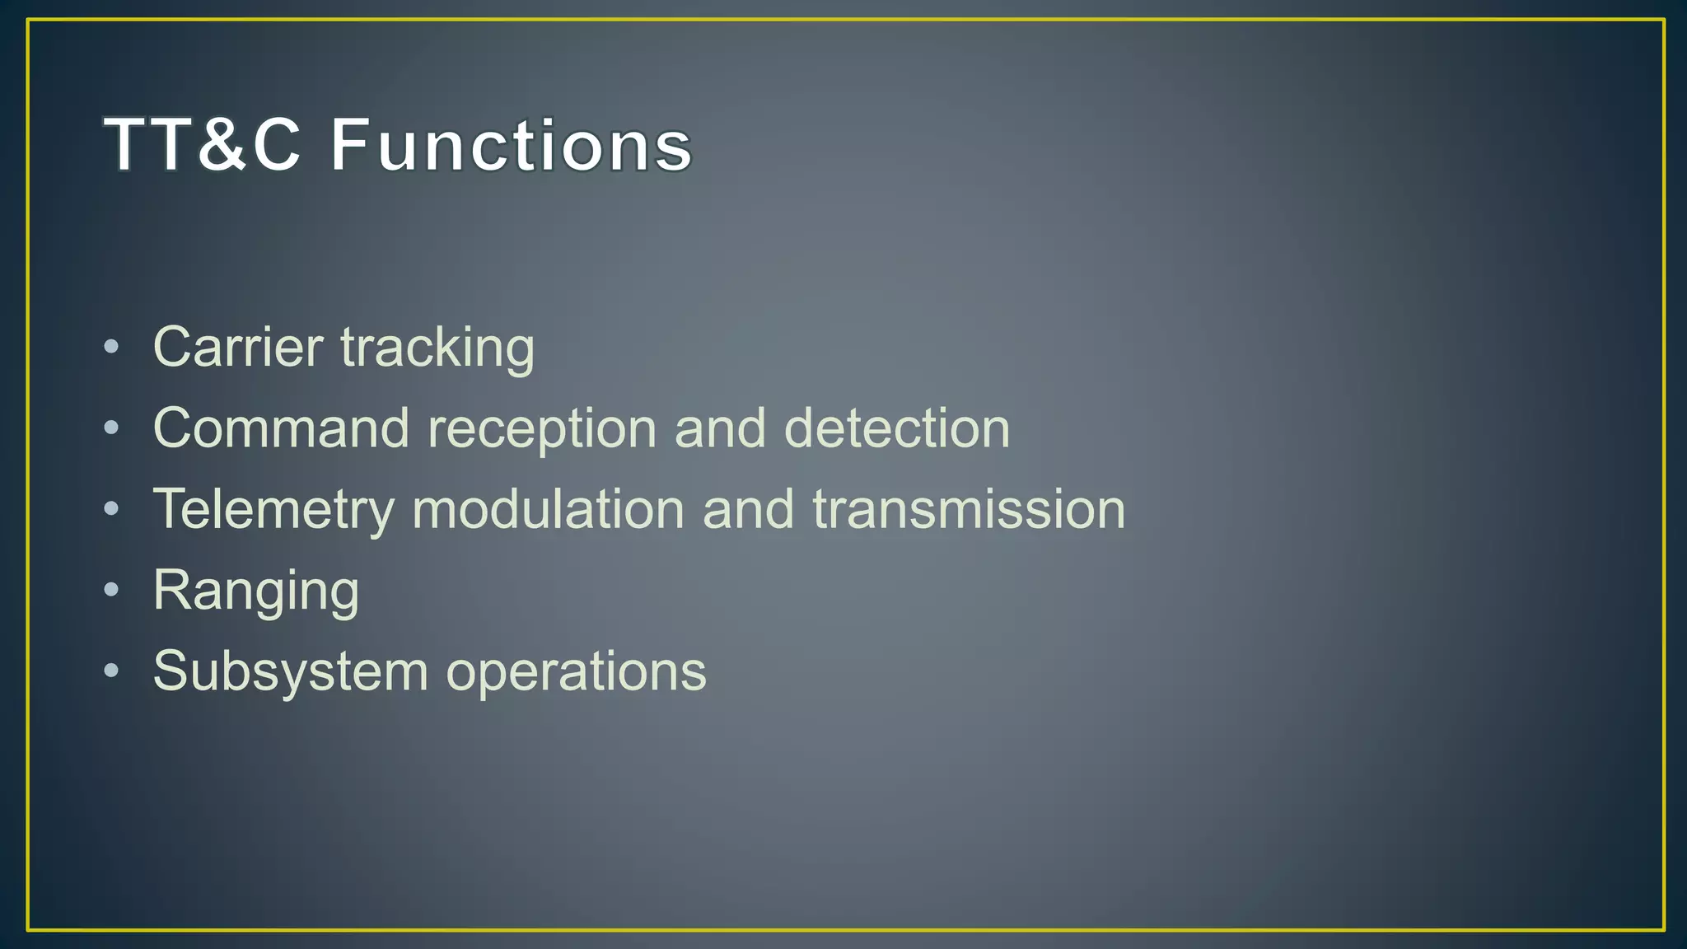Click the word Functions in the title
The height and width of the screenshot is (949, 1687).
(x=511, y=145)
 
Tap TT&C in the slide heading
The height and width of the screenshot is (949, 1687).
(x=202, y=145)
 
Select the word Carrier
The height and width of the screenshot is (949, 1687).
(x=238, y=347)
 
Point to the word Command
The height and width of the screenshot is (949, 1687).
(x=281, y=428)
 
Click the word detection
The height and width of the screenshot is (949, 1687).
(x=896, y=428)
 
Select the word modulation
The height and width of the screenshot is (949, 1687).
(x=548, y=508)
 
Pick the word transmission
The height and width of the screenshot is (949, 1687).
(x=969, y=508)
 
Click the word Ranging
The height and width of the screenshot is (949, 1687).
(x=256, y=591)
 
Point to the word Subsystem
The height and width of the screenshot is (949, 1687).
(x=291, y=671)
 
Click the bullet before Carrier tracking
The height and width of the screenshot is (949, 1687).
(x=111, y=347)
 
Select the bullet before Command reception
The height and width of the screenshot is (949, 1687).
(x=111, y=428)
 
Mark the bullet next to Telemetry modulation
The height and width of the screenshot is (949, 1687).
(x=111, y=508)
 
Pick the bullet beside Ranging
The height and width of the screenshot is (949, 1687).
(x=111, y=589)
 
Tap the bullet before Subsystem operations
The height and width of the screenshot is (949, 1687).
(x=111, y=670)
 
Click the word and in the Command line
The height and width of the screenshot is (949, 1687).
(x=720, y=428)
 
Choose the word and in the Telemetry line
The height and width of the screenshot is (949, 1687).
(x=748, y=508)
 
